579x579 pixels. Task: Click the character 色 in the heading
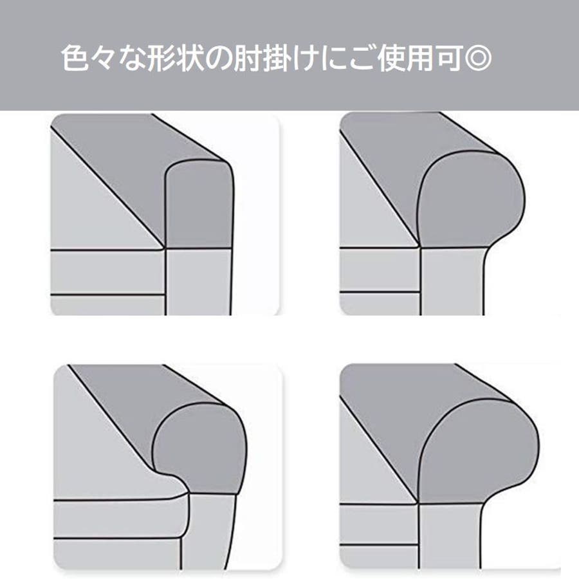[x=75, y=58]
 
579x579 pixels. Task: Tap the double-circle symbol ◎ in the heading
[x=478, y=58]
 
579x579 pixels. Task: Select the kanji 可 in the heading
[x=450, y=58]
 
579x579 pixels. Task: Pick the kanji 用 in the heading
[x=421, y=58]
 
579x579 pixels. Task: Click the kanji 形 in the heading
[x=161, y=58]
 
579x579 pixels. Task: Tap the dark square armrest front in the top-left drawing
[x=199, y=205]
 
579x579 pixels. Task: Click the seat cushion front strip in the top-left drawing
[x=107, y=273]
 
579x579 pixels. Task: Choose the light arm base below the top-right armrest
[x=452, y=281]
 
